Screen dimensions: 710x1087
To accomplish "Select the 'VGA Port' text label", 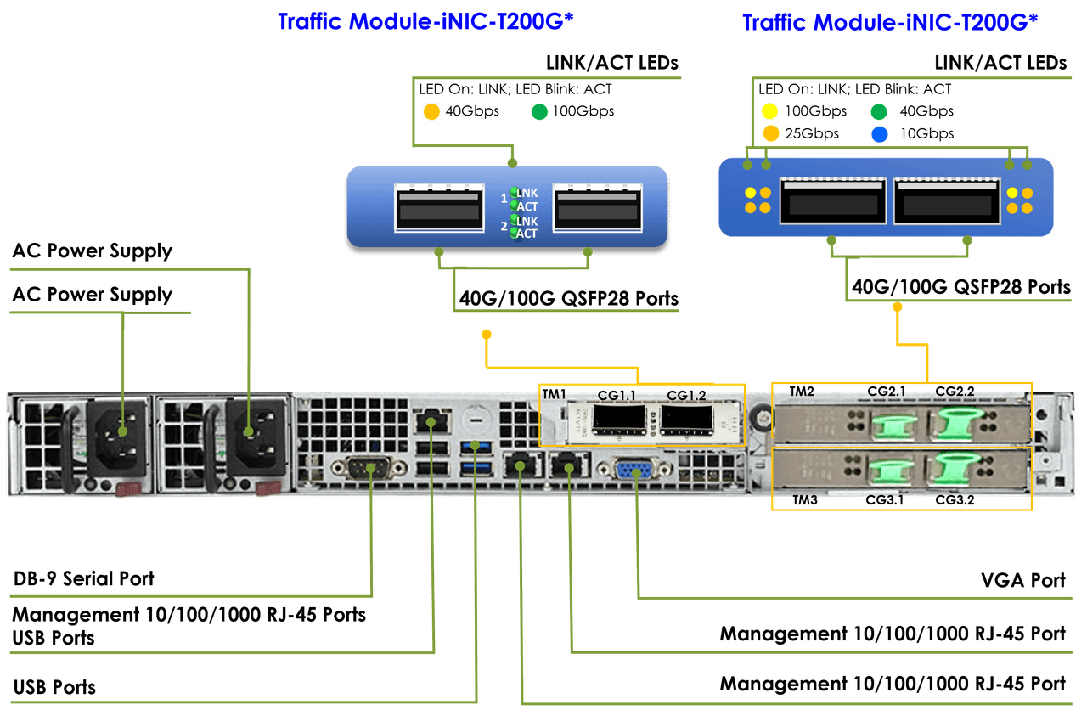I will click(x=1022, y=580).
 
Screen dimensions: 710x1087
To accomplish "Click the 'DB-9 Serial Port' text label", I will click(x=84, y=579).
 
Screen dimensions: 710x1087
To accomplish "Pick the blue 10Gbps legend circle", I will click(x=879, y=133).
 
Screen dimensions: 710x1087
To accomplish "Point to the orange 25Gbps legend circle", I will click(x=770, y=133).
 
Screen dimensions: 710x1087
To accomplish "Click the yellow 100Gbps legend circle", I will click(x=770, y=111).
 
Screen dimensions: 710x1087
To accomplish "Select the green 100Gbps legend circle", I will click(x=538, y=111).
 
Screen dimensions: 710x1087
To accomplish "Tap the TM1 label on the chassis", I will click(x=554, y=394).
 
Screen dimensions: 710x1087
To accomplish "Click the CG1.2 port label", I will click(x=686, y=396).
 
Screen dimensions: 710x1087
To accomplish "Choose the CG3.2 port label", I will click(x=955, y=500).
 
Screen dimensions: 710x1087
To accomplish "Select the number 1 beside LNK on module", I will click(x=504, y=198).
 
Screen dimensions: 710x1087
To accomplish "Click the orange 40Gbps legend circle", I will click(x=431, y=111).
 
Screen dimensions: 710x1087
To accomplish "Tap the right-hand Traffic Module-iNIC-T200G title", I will click(x=890, y=22).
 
